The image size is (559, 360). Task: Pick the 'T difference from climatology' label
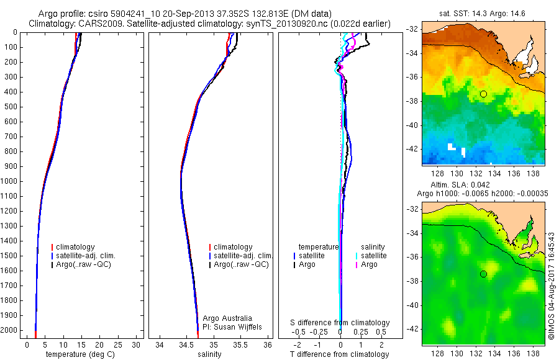coord(340,354)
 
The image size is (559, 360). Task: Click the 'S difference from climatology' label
coord(340,323)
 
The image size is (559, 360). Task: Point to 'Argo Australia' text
coord(229,318)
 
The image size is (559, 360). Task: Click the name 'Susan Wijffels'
coord(240,326)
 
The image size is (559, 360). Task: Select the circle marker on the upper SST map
coord(483,94)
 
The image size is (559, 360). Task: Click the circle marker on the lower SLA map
coord(483,274)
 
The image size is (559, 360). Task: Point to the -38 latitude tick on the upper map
coord(413,101)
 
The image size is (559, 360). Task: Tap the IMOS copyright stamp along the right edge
coord(551,286)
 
